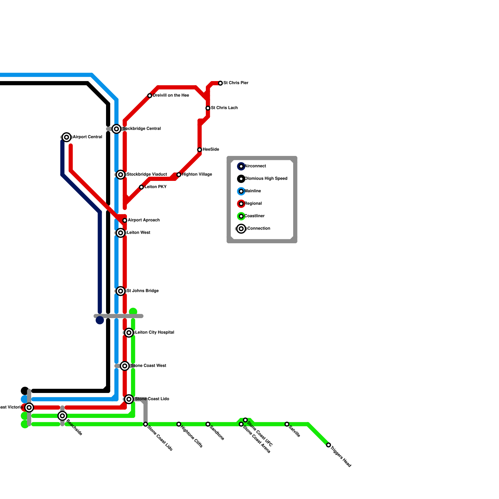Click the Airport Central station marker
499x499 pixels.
click(66, 137)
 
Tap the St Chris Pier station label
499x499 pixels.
click(236, 83)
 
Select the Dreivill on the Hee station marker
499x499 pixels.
click(150, 96)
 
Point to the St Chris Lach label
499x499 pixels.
click(224, 108)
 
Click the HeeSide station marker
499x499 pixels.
click(200, 150)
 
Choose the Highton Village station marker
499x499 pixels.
click(179, 175)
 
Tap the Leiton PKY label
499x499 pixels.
click(155, 187)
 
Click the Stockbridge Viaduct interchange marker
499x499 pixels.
click(121, 175)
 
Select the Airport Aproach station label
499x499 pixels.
click(144, 220)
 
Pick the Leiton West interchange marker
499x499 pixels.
click(121, 233)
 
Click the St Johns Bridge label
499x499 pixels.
click(143, 291)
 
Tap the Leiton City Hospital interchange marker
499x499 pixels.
click(129, 333)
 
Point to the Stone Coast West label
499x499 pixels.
click(148, 366)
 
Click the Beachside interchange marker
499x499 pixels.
click(62, 416)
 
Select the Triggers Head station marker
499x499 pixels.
click(328, 445)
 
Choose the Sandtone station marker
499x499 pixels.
click(208, 424)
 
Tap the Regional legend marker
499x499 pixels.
click(241, 204)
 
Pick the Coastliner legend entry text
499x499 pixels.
click(254, 216)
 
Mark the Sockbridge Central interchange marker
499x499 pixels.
click(116, 129)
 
